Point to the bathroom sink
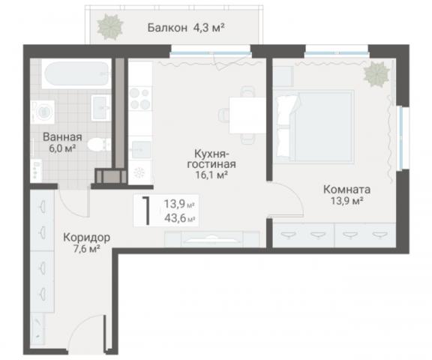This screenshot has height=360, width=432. pyautogui.click(x=100, y=106)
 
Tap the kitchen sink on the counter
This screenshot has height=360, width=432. pyautogui.click(x=140, y=148)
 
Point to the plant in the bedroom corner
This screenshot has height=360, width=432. pyautogui.click(x=376, y=74)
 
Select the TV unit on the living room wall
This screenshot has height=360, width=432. pyautogui.click(x=211, y=239)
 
